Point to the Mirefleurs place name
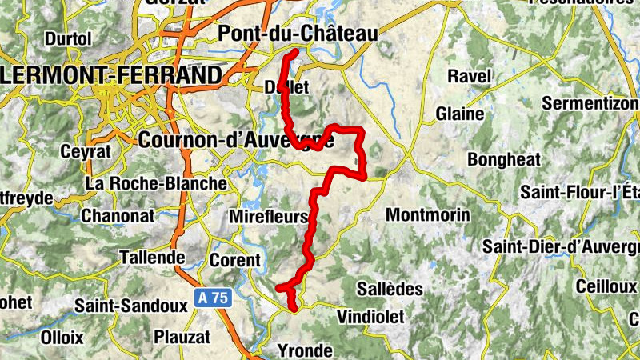point(268,217)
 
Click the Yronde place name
point(304,350)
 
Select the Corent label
point(235,260)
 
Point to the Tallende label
point(151,258)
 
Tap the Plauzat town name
point(182,337)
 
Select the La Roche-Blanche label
point(157,183)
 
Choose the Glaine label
point(460,114)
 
